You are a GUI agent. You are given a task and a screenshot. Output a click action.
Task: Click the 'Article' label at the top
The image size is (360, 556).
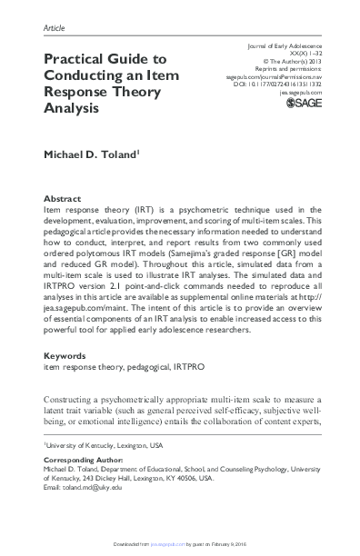[55, 30]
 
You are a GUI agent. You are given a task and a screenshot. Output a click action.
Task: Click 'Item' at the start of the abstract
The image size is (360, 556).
[53, 209]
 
